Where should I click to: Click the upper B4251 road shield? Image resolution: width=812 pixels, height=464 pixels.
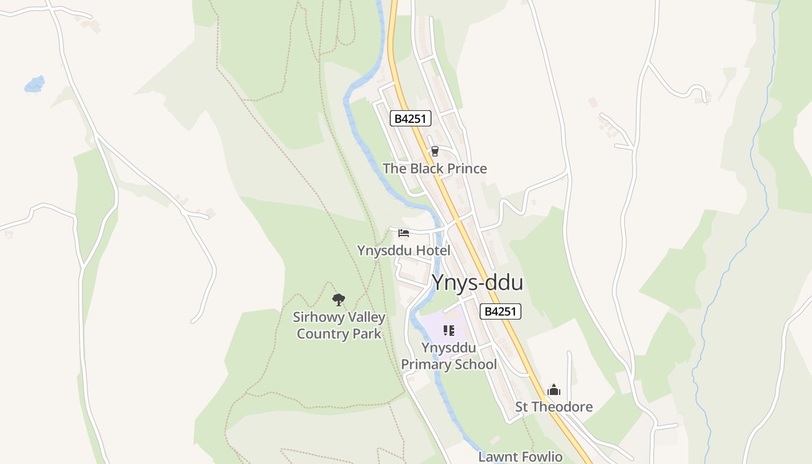click(x=410, y=119)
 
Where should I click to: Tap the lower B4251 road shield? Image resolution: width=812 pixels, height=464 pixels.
click(x=501, y=311)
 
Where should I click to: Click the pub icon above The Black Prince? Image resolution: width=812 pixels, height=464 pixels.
click(x=434, y=151)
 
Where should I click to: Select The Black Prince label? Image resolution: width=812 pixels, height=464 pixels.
click(x=434, y=169)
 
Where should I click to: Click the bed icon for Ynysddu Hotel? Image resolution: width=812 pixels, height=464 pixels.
click(x=404, y=233)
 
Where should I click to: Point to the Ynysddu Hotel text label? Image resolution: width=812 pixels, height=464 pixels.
click(x=404, y=251)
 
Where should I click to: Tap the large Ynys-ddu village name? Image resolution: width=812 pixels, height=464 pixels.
click(x=477, y=283)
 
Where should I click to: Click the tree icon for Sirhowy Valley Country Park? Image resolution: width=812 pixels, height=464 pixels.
click(x=339, y=300)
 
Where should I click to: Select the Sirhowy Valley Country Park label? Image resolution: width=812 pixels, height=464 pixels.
click(x=339, y=325)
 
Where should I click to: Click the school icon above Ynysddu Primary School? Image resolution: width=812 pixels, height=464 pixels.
click(x=448, y=331)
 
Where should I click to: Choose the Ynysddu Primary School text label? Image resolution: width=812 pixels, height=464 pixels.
click(x=449, y=356)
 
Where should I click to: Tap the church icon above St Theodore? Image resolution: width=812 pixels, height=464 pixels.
click(x=554, y=390)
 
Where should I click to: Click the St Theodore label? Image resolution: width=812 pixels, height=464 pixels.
click(x=554, y=407)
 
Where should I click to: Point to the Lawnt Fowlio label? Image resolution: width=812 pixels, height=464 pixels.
click(x=520, y=456)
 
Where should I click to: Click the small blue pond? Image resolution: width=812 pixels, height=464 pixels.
click(x=34, y=85)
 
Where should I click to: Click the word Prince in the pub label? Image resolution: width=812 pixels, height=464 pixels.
click(x=465, y=169)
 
